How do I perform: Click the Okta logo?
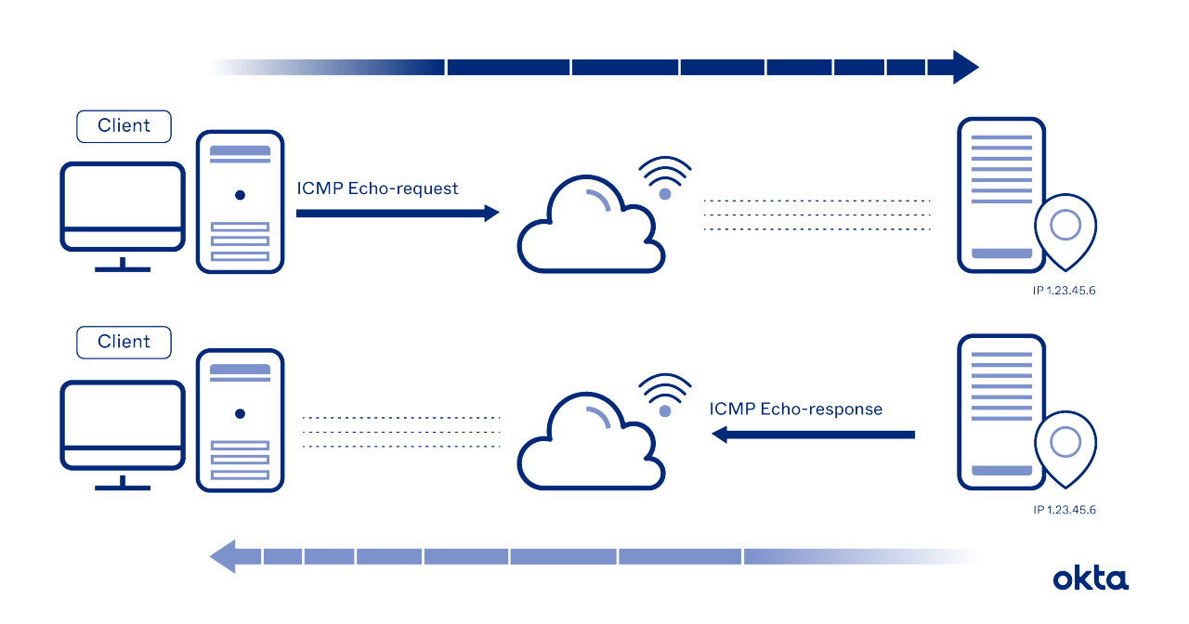click(1091, 578)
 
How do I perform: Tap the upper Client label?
click(124, 126)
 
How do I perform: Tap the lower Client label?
click(124, 342)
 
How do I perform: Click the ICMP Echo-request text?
click(377, 188)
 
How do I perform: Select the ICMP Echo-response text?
click(795, 409)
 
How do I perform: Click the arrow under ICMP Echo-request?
click(397, 214)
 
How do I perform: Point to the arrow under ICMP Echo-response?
click(813, 434)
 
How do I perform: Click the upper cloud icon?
click(589, 227)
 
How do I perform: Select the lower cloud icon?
click(589, 446)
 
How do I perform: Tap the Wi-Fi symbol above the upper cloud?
click(665, 178)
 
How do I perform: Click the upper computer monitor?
click(123, 206)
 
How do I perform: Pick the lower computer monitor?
click(123, 425)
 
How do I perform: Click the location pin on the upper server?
click(1065, 227)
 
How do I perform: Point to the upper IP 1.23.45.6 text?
click(1065, 292)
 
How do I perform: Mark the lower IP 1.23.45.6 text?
click(1065, 510)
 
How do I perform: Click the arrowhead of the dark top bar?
click(965, 67)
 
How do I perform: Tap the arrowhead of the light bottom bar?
click(223, 557)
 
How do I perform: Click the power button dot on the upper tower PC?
click(240, 195)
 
